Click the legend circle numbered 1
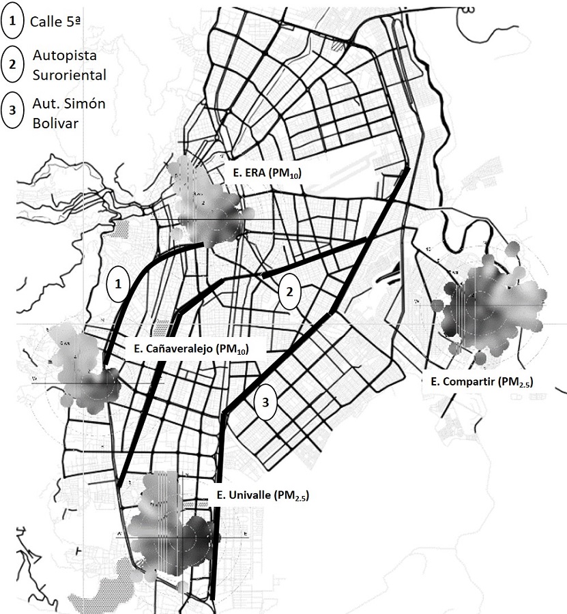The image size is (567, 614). [13, 22]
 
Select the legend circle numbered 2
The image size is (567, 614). [13, 65]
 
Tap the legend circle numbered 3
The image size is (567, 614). [13, 113]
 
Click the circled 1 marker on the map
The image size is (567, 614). [118, 284]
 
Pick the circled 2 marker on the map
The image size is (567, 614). [290, 292]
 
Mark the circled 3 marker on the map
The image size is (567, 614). [265, 404]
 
